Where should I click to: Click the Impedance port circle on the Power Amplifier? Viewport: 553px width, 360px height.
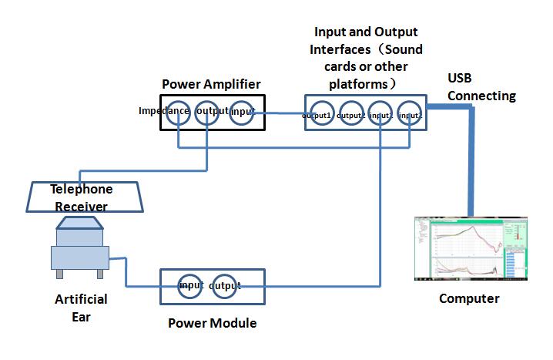pos(179,112)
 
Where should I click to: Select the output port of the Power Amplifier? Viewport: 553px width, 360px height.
pos(208,112)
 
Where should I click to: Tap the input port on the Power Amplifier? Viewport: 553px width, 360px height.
pos(242,112)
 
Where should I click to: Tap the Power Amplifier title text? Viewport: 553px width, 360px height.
pos(212,83)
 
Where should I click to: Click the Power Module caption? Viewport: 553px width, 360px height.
pos(212,323)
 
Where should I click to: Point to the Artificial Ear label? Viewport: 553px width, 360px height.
pos(81,307)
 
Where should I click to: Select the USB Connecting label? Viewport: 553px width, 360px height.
pos(481,88)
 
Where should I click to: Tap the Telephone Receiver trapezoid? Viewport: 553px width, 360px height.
pos(81,197)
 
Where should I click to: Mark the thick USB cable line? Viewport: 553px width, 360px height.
pos(469,162)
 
